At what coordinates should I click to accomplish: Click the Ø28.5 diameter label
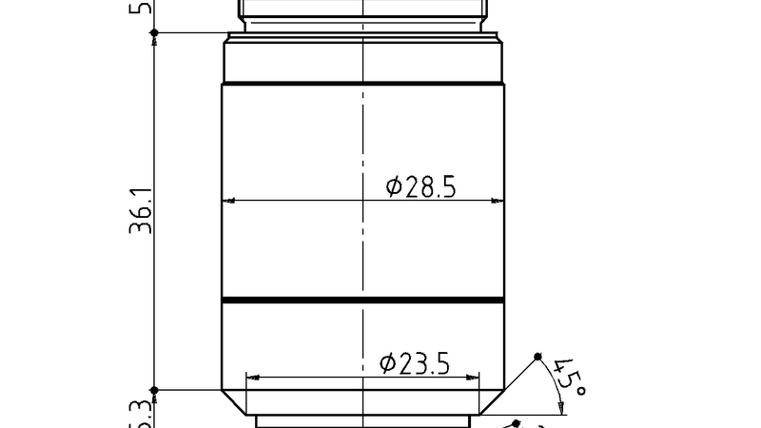421,186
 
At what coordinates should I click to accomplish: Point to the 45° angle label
569,378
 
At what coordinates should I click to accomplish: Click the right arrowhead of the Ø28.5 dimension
498,201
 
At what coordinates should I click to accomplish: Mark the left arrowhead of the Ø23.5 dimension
251,377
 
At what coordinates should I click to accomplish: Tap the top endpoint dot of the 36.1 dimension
154,32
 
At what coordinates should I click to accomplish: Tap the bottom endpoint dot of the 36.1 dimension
154,390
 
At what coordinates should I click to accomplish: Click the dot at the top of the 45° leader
537,357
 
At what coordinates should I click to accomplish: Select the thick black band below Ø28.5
362,302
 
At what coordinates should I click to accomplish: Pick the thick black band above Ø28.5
362,85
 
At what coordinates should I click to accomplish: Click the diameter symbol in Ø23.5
387,362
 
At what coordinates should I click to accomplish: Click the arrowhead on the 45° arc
561,407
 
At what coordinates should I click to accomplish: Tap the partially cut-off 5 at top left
145,8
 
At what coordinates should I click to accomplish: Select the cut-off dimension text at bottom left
142,416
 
